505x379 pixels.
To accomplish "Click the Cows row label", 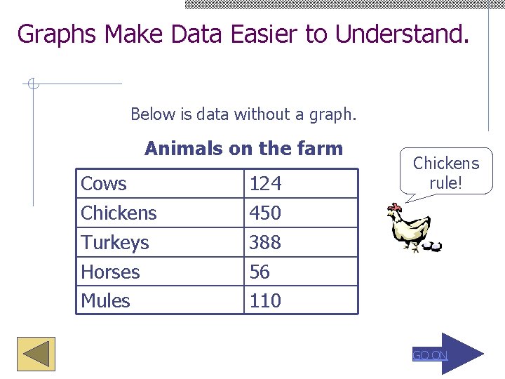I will pyautogui.click(x=104, y=184).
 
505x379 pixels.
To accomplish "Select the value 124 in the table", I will pyautogui.click(x=265, y=184).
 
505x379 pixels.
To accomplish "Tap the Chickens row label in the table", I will pyautogui.click(x=119, y=213).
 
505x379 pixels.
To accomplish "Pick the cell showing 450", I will pyautogui.click(x=265, y=213).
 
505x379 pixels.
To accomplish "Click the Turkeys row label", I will pyautogui.click(x=115, y=242).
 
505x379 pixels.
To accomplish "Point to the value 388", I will pyautogui.click(x=265, y=242).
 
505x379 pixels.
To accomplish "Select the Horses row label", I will pyautogui.click(x=110, y=272).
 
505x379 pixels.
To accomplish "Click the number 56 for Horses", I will pyautogui.click(x=260, y=272).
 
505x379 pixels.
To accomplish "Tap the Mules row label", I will pyautogui.click(x=105, y=300).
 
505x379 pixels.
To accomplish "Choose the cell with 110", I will pyautogui.click(x=265, y=300).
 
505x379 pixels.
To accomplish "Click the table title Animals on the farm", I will pyautogui.click(x=243, y=149).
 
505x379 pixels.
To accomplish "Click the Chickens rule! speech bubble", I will pyautogui.click(x=445, y=173).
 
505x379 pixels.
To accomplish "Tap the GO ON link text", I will pyautogui.click(x=429, y=355).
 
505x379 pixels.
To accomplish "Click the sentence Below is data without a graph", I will pyautogui.click(x=243, y=114).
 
